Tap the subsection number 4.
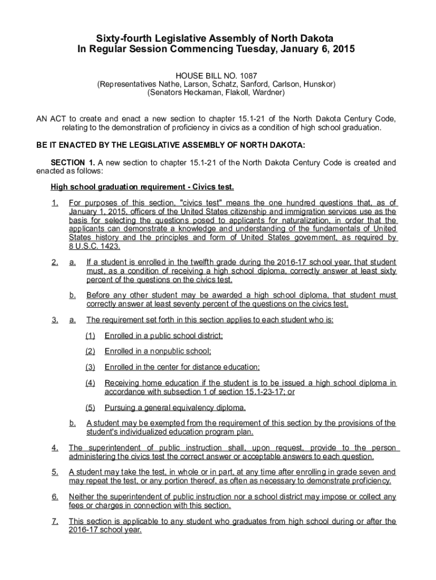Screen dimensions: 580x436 (x=54, y=448)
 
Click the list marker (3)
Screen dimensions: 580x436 (x=90, y=366)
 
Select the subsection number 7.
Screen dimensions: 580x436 (x=54, y=521)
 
